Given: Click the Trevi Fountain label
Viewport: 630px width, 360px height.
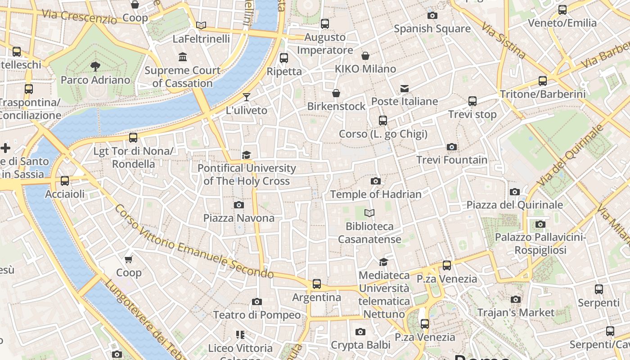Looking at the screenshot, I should point(452,160).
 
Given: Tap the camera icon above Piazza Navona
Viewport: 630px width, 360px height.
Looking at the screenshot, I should point(239,205).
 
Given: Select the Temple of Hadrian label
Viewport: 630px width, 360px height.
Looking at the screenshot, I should point(376,194).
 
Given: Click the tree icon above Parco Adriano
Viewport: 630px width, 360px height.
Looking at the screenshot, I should point(95,67).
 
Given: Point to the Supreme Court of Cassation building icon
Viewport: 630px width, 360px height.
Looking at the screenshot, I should point(183,57).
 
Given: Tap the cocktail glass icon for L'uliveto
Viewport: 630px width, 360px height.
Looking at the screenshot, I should point(246,97).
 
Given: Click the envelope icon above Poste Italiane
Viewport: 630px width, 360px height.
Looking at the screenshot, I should point(405,89).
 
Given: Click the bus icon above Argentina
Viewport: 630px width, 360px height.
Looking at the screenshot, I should point(317,284).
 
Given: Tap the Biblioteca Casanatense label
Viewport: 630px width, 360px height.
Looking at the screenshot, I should point(369,233).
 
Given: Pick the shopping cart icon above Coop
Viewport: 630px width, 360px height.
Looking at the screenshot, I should point(129,259).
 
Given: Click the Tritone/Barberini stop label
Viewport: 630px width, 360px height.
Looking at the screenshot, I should point(543,94).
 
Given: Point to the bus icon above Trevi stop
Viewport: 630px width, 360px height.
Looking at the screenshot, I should point(472,101).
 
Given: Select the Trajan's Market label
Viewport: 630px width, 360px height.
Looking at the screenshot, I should point(516,312).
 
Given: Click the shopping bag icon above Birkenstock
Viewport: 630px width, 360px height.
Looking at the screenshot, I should point(336,93).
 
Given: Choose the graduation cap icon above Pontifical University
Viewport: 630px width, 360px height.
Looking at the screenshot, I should point(246,155).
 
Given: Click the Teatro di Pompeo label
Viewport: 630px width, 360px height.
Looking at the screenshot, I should point(257,315).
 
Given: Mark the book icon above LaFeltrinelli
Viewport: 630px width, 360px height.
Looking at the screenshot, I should point(201,25).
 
